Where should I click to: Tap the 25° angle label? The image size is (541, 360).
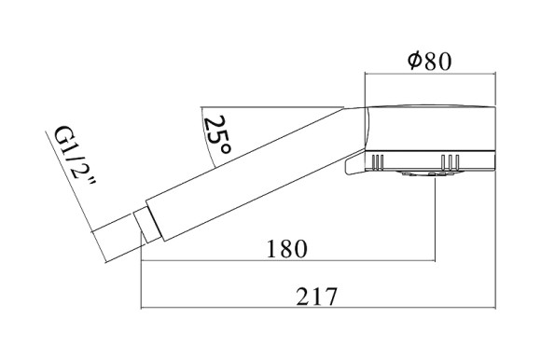(x=216, y=135)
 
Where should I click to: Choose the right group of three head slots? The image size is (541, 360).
(x=451, y=164)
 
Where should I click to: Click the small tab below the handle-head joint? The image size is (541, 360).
(x=352, y=165)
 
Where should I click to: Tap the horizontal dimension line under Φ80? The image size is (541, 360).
(x=429, y=74)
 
